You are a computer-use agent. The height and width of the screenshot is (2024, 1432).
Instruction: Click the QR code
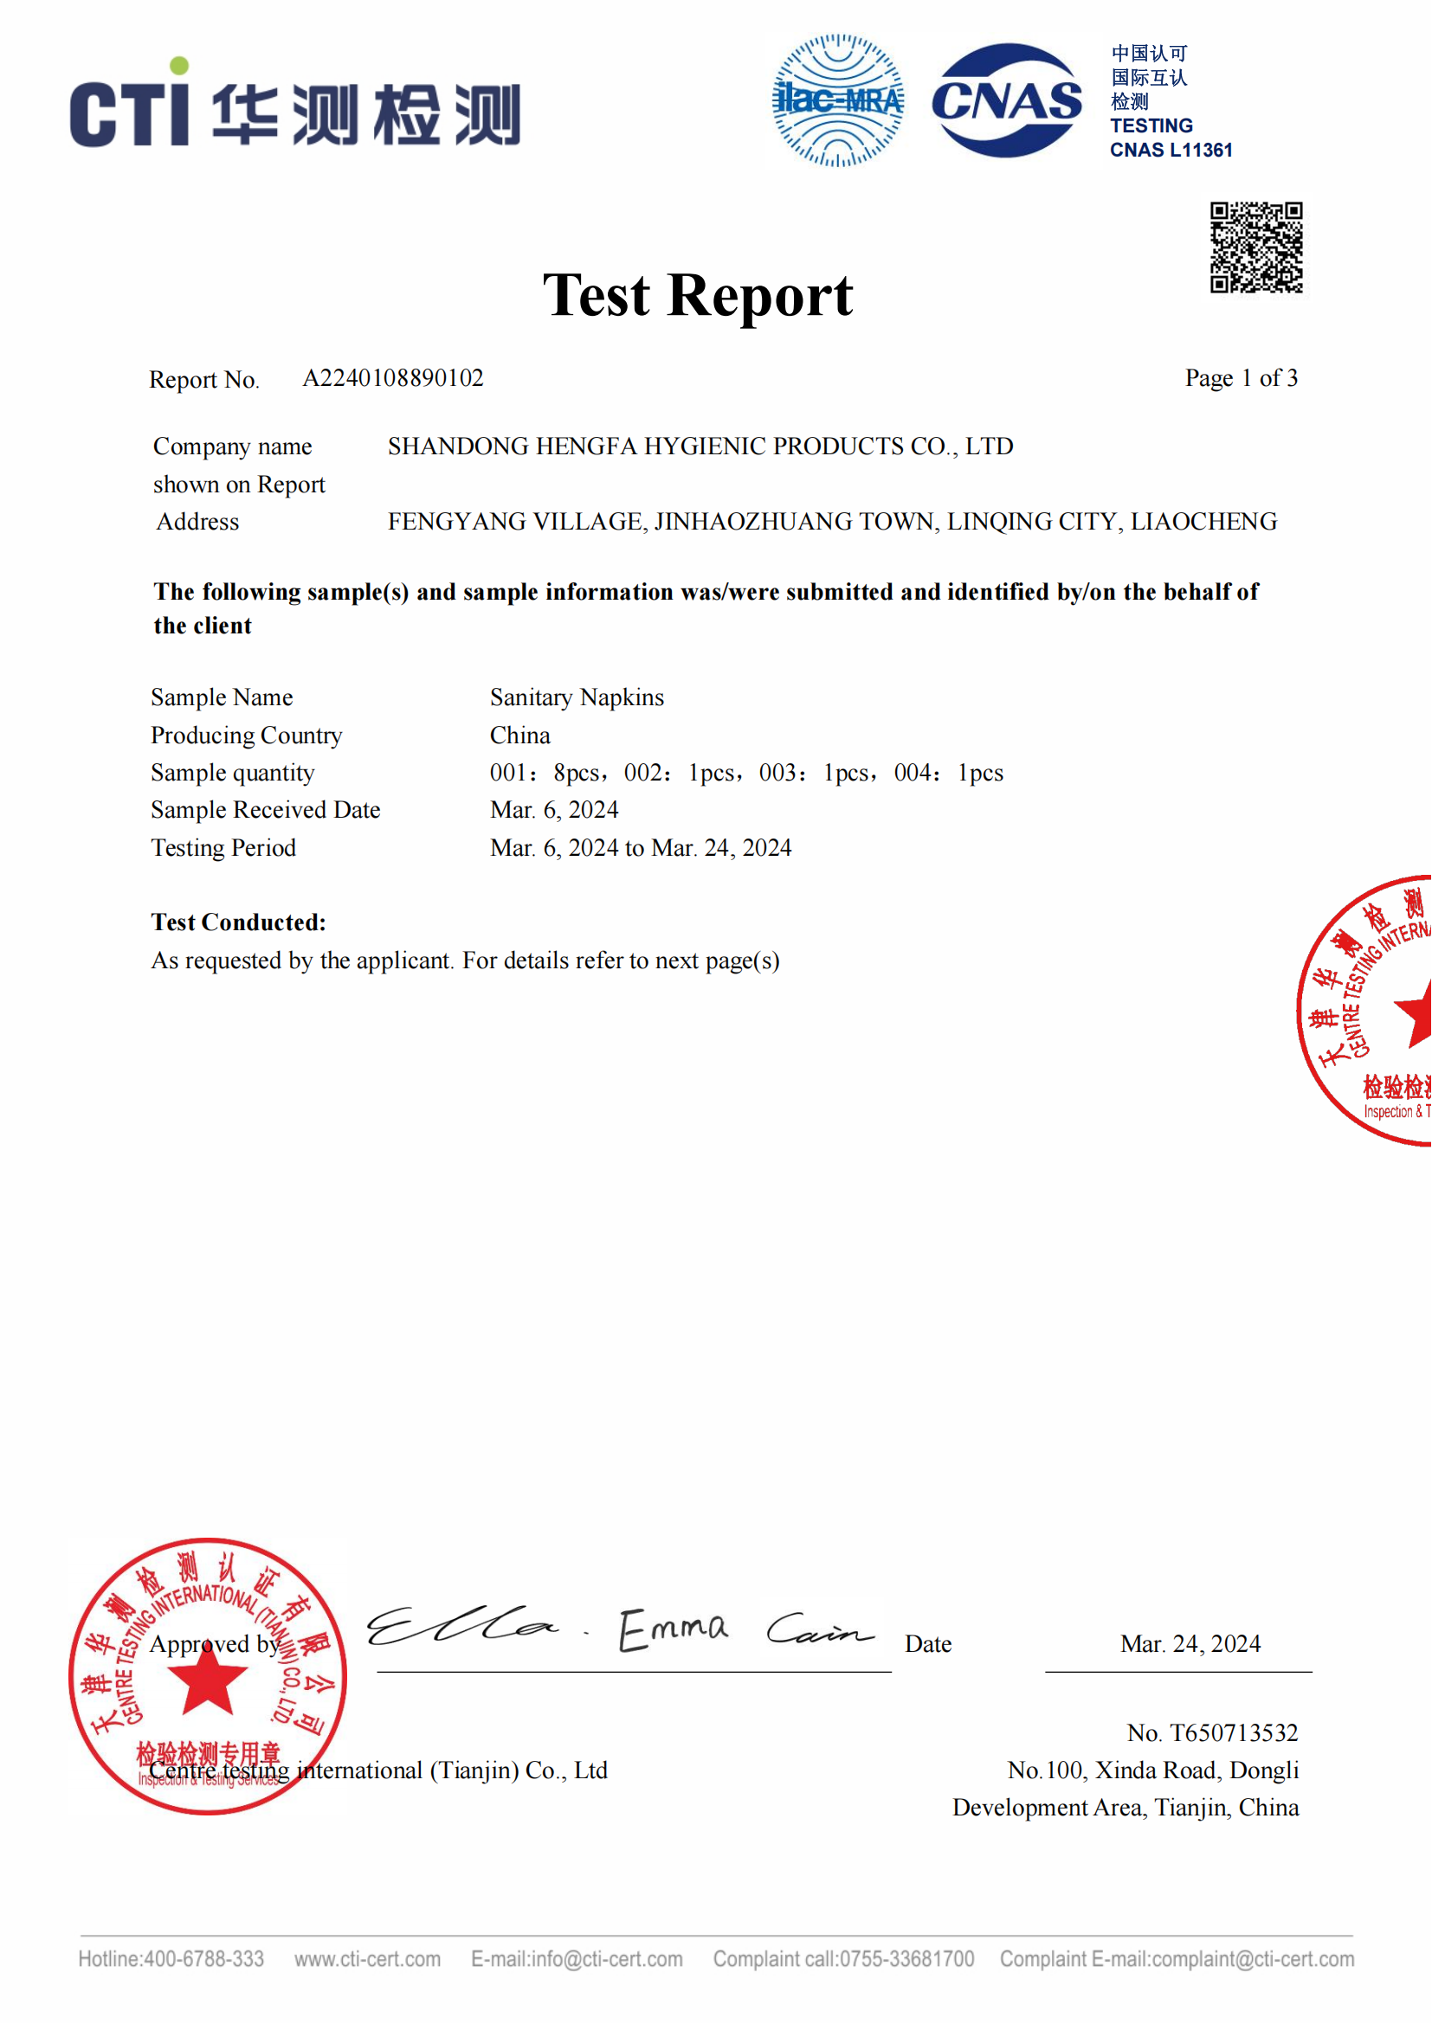click(x=1256, y=247)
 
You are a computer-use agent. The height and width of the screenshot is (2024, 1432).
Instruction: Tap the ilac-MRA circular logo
click(x=838, y=100)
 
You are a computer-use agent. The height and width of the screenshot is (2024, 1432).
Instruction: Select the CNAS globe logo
click(x=1007, y=100)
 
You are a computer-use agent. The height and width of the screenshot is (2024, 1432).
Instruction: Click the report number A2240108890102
click(x=392, y=378)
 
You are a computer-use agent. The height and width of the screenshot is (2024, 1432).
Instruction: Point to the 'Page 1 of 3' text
click(x=1241, y=378)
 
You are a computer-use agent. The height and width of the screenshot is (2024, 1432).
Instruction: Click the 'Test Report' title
click(x=698, y=295)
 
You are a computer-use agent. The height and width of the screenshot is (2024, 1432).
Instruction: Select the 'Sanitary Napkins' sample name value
click(x=577, y=697)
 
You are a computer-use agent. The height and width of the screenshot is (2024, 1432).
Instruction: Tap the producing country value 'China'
click(x=520, y=736)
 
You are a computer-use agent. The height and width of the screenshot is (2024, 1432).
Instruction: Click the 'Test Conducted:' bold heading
click(x=238, y=922)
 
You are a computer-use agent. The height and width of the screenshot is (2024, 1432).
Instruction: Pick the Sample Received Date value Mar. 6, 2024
click(x=554, y=809)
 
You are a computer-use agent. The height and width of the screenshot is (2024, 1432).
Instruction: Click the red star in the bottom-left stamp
click(x=207, y=1679)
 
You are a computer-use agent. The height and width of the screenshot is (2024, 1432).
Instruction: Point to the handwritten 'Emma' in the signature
click(x=674, y=1629)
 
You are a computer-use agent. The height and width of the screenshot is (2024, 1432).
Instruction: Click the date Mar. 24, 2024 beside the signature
click(x=1190, y=1643)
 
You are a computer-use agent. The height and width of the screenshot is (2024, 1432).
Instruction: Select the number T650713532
click(x=1234, y=1733)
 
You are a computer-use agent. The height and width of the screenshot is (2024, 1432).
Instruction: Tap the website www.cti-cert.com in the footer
click(x=368, y=1959)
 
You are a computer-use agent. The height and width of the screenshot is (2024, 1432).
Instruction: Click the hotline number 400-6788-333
click(x=203, y=1959)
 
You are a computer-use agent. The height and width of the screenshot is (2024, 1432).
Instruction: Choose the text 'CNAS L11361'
click(x=1171, y=150)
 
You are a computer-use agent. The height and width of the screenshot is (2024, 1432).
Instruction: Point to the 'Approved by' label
click(x=214, y=1644)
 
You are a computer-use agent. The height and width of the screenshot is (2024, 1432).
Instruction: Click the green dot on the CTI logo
click(x=179, y=65)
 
